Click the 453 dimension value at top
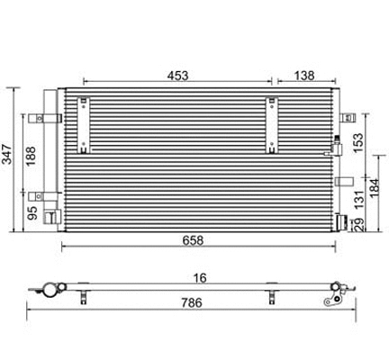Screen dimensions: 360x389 point(177,76)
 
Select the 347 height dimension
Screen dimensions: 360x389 point(8,156)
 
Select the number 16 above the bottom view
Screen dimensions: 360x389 point(200,278)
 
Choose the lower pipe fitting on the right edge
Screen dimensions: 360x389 point(340,221)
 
